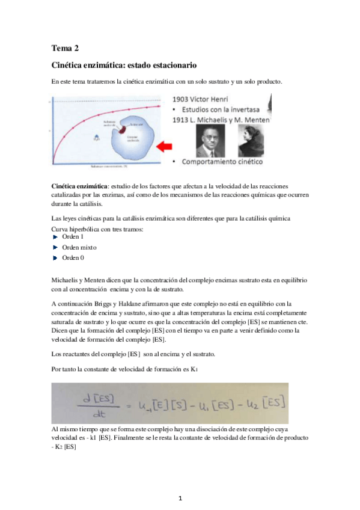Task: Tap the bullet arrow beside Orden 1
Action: pyautogui.click(x=55, y=237)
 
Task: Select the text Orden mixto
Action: pyautogui.click(x=79, y=247)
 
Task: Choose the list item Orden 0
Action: pyautogui.click(x=73, y=257)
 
